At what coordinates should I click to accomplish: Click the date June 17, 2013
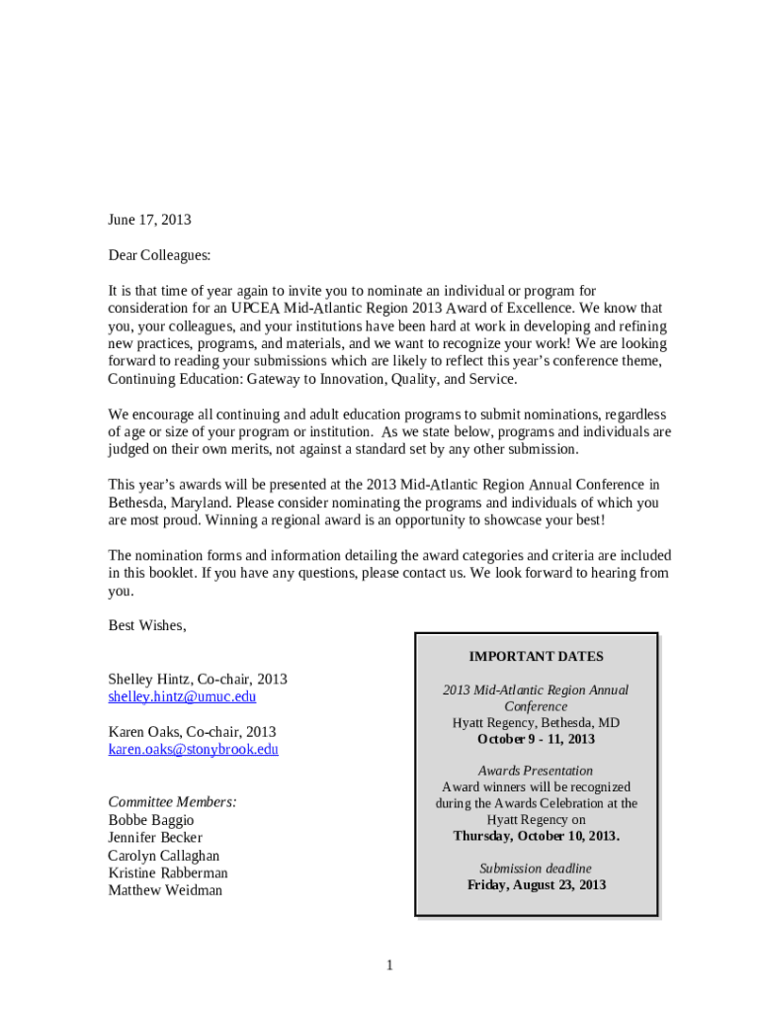pos(149,220)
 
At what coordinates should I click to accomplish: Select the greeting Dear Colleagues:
pos(159,255)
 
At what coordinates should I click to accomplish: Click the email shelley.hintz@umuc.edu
pos(182,696)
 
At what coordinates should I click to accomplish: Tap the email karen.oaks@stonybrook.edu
pos(193,749)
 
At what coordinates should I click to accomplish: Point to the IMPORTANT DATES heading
pos(536,656)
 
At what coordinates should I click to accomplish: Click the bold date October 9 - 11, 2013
pos(536,739)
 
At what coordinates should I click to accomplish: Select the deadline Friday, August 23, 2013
pos(536,884)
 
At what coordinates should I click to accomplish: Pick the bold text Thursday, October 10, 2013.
pos(536,836)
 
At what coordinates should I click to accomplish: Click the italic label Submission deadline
pos(536,868)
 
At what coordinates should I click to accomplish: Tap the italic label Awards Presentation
pos(536,771)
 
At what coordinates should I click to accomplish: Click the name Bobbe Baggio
pos(151,820)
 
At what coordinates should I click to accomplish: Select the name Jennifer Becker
pos(155,838)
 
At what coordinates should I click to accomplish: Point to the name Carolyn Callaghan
pos(164,856)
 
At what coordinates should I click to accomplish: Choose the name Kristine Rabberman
pos(168,873)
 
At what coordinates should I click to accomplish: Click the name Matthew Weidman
pos(165,890)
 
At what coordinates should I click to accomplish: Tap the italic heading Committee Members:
pos(172,801)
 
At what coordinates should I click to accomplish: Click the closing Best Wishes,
pos(146,625)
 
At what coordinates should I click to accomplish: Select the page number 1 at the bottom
pos(389,966)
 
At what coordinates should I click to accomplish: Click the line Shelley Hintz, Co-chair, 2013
pos(198,679)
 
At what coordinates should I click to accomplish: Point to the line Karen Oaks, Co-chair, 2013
pos(192,732)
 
